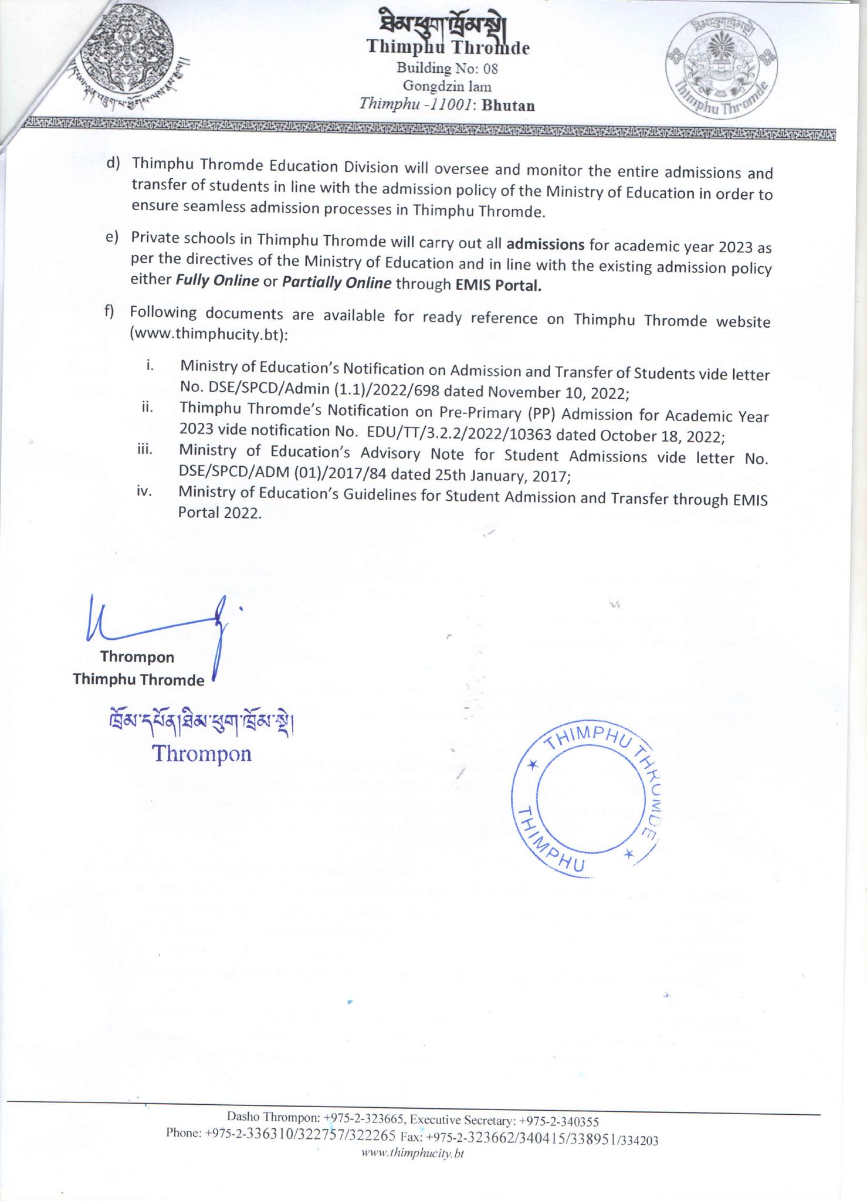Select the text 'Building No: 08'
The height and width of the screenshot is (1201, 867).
447,69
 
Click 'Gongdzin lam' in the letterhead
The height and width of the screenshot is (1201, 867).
447,87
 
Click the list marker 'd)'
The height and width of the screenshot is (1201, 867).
113,164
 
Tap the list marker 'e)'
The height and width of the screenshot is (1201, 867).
112,238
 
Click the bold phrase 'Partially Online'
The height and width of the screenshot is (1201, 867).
337,283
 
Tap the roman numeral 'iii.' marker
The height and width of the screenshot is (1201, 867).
145,450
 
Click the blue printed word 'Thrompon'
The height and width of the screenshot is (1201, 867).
202,754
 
